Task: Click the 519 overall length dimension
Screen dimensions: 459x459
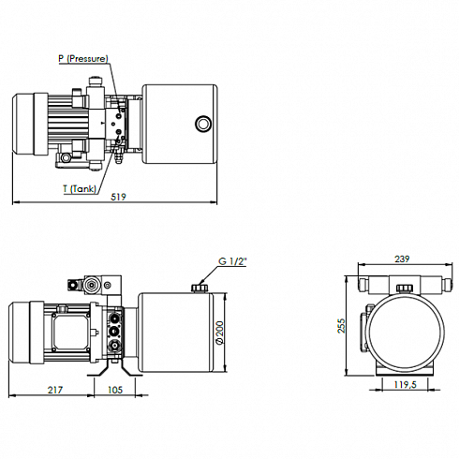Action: point(119,197)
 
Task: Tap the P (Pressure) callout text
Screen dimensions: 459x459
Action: point(83,58)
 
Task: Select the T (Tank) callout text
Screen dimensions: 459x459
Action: point(80,188)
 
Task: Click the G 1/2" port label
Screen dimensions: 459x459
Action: point(232,261)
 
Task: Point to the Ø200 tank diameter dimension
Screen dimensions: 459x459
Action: point(220,333)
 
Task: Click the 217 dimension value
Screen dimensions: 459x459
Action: point(55,390)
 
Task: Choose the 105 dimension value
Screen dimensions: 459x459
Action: point(115,390)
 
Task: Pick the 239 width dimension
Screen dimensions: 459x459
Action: point(402,259)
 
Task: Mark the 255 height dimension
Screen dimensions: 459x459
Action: point(342,326)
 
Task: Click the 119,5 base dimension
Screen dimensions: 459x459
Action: point(406,384)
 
